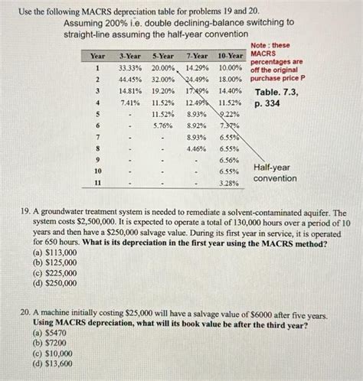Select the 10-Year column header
229,57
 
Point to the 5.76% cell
163,125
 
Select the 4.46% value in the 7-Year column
196,148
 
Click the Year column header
98,57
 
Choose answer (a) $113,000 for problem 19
54,252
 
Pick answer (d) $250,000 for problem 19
54,282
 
